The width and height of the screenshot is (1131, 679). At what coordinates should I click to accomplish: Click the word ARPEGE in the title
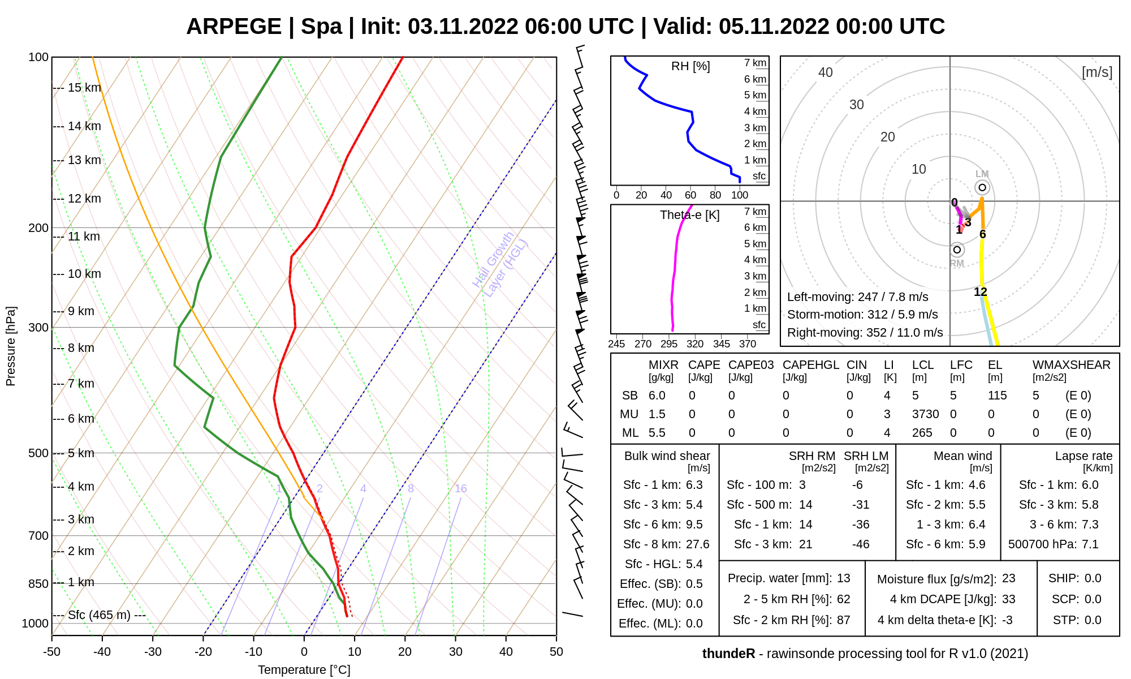(x=234, y=27)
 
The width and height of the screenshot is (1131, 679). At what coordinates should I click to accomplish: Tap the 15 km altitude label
(x=84, y=88)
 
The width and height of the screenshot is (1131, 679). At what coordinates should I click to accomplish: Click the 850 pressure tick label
(x=38, y=584)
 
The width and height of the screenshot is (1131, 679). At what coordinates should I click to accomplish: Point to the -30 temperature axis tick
(x=153, y=652)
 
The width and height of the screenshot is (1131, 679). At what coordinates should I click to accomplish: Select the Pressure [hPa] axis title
(x=11, y=346)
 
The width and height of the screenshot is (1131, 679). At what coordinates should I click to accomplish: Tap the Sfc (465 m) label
(x=100, y=615)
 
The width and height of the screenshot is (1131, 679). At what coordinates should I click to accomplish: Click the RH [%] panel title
(x=690, y=66)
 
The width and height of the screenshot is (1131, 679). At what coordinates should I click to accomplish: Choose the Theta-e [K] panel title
(x=689, y=215)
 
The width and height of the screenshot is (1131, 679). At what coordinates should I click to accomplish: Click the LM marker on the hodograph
(x=982, y=187)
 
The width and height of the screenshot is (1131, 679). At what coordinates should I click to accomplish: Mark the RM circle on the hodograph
(x=957, y=250)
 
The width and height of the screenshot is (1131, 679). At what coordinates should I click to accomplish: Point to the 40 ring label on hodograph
(x=826, y=72)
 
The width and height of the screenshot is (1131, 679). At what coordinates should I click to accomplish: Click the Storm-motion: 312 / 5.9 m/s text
(x=862, y=315)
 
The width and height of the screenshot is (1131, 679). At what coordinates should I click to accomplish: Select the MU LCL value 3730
(x=925, y=414)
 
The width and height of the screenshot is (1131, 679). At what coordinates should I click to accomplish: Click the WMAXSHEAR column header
(x=1071, y=365)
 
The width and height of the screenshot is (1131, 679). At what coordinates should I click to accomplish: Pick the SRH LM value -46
(x=861, y=544)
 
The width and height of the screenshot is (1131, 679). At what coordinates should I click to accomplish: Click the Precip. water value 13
(x=843, y=578)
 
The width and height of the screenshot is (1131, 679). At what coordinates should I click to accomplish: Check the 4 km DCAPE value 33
(x=1008, y=599)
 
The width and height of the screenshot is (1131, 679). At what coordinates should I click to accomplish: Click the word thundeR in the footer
(x=728, y=654)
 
